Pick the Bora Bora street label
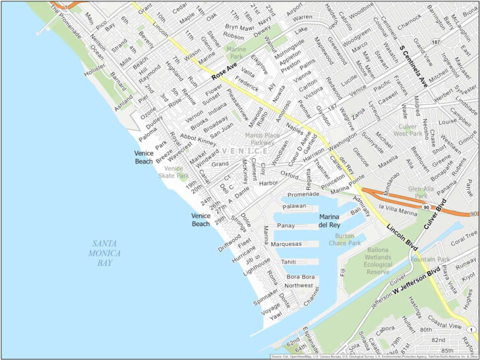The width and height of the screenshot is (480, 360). pos(300,277)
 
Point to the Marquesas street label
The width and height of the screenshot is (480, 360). pos(286,243)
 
